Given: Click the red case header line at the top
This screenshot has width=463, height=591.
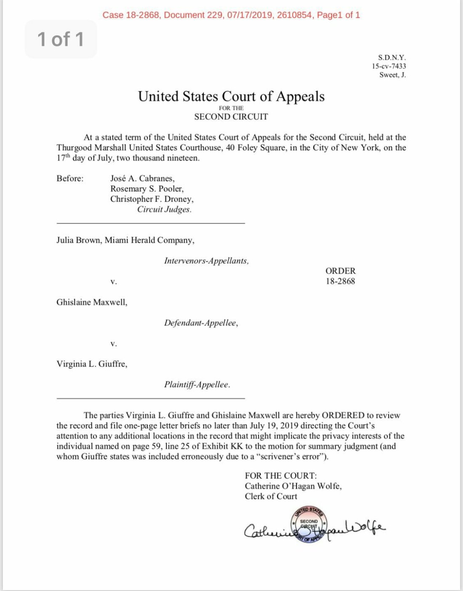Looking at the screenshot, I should click(231, 15).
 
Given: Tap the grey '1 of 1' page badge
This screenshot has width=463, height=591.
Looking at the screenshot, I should click(61, 39).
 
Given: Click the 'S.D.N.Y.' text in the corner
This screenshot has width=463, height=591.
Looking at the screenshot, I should click(391, 57).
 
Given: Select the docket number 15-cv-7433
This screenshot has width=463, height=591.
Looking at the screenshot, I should click(388, 66).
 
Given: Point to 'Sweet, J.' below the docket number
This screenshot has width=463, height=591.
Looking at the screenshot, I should click(392, 75).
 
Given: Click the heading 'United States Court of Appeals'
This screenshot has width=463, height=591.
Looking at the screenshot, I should click(231, 96).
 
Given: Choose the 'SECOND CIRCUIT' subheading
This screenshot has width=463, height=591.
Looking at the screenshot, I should click(231, 117).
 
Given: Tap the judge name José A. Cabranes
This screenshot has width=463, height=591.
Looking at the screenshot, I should click(142, 178).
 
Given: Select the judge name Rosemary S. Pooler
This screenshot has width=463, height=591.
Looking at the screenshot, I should click(147, 188).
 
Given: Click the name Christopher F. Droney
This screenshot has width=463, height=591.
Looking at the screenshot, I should click(152, 199).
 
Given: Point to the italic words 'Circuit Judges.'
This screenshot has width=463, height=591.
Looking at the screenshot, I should click(164, 209).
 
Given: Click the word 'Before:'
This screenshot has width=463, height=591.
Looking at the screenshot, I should click(70, 178).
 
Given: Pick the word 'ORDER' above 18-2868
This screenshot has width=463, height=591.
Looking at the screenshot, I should click(340, 271).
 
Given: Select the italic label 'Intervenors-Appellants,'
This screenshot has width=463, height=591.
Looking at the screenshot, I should click(206, 261).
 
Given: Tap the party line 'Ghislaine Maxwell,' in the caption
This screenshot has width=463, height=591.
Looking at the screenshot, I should click(92, 302).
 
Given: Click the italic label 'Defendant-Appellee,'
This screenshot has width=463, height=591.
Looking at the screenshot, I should click(201, 323).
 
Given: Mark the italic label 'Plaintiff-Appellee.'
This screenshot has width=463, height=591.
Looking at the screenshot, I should click(197, 384).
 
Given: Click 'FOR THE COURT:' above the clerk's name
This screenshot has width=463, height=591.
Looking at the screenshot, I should click(281, 476).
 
